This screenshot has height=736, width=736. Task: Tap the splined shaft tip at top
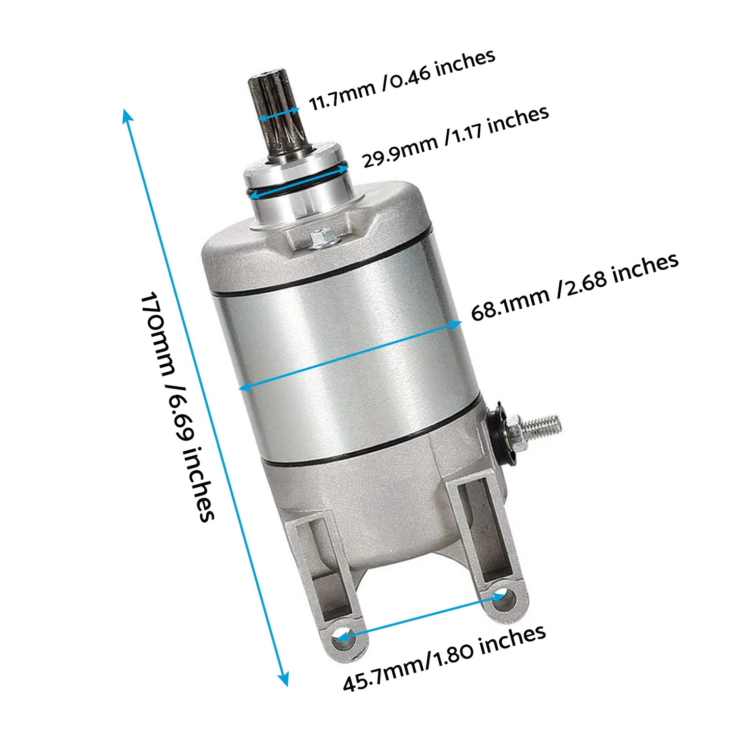(x=270, y=84)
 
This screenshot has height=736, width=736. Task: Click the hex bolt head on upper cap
(x=321, y=238)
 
